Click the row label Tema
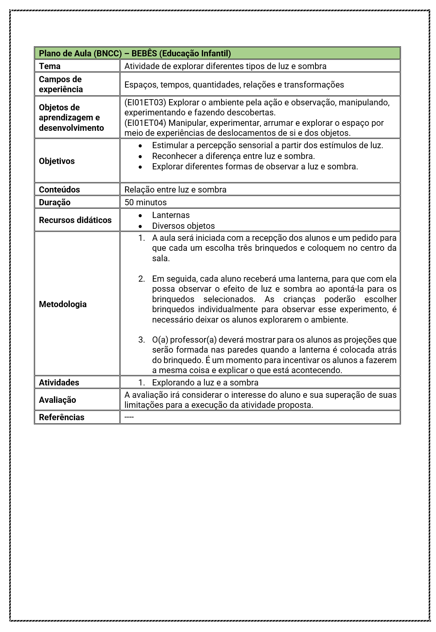coord(50,66)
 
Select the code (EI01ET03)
coord(145,103)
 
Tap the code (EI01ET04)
coord(145,123)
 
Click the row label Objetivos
coord(57,161)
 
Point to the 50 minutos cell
coord(146,202)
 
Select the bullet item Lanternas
coord(171,215)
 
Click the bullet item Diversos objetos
coord(183,226)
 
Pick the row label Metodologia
coord(63,304)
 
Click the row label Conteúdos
coord(59,189)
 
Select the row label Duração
coord(55,202)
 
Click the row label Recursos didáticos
coord(75,220)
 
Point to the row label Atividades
coord(59,382)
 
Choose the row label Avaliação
coord(57,400)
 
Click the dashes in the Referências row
coord(129,417)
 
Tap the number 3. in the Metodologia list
coord(141,340)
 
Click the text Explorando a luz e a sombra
coord(205,382)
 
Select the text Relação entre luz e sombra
coord(175,189)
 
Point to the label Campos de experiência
coord(60,84)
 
